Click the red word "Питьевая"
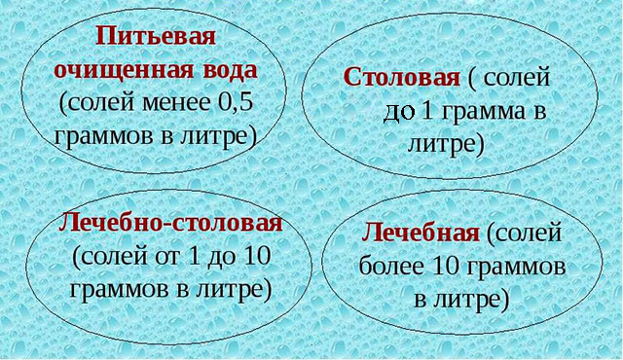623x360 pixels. (156, 40)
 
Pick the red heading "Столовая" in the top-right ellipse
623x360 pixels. (400, 76)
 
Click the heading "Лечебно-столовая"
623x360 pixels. (171, 223)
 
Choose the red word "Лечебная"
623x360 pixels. (420, 234)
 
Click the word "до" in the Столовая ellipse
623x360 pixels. (400, 111)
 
